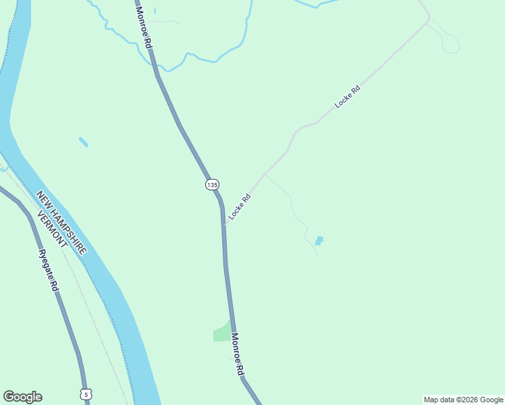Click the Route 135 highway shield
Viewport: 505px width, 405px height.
pos(212,184)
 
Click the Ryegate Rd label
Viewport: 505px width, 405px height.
pos(48,271)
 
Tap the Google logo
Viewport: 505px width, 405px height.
pos(22,397)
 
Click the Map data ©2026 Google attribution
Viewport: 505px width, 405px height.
pos(464,400)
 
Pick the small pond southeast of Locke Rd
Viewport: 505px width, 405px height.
pos(319,240)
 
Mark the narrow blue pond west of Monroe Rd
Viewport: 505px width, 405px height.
pos(83,142)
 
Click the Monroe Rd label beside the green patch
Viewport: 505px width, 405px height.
pos(237,354)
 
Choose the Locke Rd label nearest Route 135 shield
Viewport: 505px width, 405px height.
pos(240,206)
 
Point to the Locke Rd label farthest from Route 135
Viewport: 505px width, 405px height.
pos(348,97)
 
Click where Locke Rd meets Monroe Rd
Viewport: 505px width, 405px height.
pos(224,223)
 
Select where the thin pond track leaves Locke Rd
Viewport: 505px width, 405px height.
pos(265,174)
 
